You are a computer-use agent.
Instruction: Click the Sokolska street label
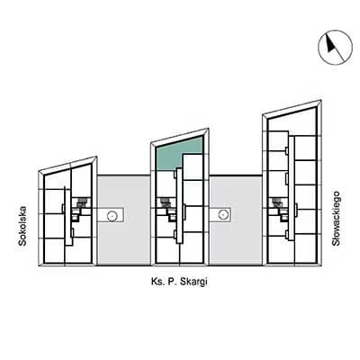click(x=22, y=226)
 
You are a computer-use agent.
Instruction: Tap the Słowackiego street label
click(x=336, y=219)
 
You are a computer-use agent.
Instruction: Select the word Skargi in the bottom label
click(x=193, y=282)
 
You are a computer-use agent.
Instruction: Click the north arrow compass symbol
click(x=335, y=47)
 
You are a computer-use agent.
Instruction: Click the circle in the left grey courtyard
click(x=112, y=215)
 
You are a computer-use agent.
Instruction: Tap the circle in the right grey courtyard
click(x=222, y=214)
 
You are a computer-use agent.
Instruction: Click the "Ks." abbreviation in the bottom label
click(x=157, y=282)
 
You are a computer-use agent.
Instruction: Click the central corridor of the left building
click(x=68, y=216)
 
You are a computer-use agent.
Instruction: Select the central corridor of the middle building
click(x=179, y=206)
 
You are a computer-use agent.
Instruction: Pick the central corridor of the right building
click(x=292, y=188)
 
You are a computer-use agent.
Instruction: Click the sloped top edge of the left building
click(x=67, y=164)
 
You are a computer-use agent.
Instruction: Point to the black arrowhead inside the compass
click(x=330, y=44)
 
